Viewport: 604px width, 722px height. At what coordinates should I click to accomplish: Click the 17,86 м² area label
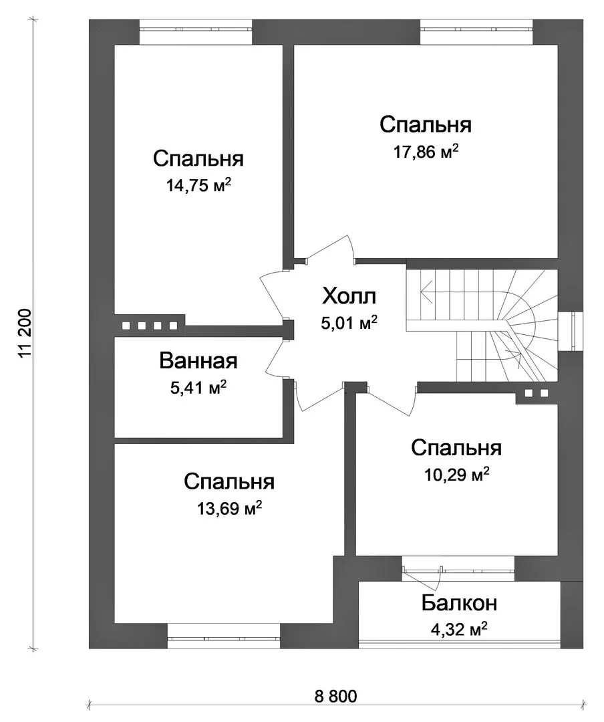pyautogui.click(x=426, y=152)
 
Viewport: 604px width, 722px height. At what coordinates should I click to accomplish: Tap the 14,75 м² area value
pyautogui.click(x=198, y=186)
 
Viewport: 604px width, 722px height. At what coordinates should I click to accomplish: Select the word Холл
pyautogui.click(x=349, y=296)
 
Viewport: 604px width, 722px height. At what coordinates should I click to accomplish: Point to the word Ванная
pyautogui.click(x=198, y=361)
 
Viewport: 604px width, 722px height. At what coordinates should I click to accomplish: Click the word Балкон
pyautogui.click(x=460, y=603)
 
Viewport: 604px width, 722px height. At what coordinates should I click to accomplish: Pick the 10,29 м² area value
pyautogui.click(x=456, y=474)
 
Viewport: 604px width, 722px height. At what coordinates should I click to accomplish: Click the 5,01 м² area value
pyautogui.click(x=349, y=323)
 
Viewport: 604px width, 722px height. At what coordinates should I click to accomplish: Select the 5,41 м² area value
pyautogui.click(x=198, y=388)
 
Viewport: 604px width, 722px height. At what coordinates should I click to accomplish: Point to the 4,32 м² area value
pyautogui.click(x=459, y=629)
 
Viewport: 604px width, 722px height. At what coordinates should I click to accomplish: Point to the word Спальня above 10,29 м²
pyautogui.click(x=456, y=447)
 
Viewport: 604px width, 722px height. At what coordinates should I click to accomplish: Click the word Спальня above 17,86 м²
pyautogui.click(x=426, y=125)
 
